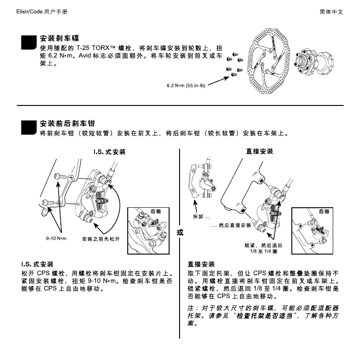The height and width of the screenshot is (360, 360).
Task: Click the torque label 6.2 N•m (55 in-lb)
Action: tap(186, 85)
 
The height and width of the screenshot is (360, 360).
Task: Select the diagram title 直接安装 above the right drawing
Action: tap(260, 151)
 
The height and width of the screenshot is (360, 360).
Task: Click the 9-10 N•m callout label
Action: tap(56, 239)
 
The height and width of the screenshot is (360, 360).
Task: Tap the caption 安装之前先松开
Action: tap(100, 239)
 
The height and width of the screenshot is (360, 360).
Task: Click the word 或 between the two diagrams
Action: tap(180, 232)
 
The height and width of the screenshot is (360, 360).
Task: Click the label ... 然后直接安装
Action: tap(232, 225)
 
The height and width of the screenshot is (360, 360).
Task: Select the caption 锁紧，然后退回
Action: tap(263, 245)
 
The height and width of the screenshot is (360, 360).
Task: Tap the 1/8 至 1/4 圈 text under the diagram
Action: tap(263, 251)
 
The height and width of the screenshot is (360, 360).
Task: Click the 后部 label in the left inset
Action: tap(156, 212)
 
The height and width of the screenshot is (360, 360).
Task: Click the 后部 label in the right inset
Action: tap(324, 212)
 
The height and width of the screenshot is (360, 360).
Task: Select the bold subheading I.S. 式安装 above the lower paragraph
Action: tap(37, 264)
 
